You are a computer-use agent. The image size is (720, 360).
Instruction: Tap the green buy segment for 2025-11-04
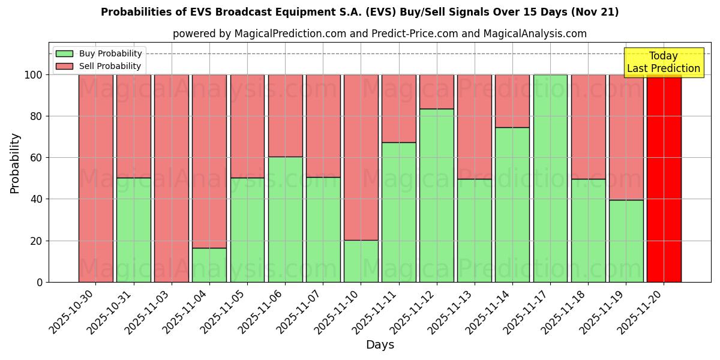[x=209, y=265]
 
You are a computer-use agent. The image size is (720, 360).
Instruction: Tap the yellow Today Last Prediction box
[x=663, y=62]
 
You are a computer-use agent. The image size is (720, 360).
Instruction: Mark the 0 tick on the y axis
[x=39, y=282]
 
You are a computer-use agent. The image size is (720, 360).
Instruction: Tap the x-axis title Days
[x=380, y=345]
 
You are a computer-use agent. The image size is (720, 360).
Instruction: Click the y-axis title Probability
[x=15, y=163]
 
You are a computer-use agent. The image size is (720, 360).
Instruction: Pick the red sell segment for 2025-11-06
[x=285, y=116]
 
